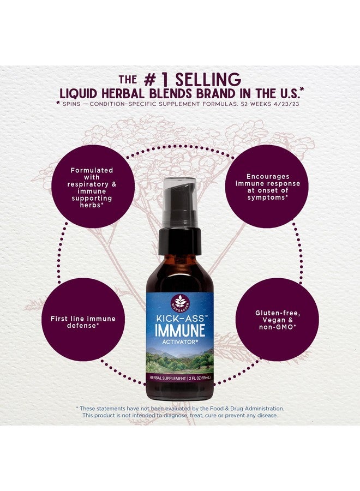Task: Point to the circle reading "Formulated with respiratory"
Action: pyautogui.click(x=93, y=179)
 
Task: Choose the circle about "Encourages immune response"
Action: pyautogui.click(x=267, y=179)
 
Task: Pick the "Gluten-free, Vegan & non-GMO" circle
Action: pyautogui.click(x=278, y=320)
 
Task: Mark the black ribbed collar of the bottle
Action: pyautogui.click(x=180, y=240)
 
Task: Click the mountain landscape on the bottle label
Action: pyautogui.click(x=180, y=360)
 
